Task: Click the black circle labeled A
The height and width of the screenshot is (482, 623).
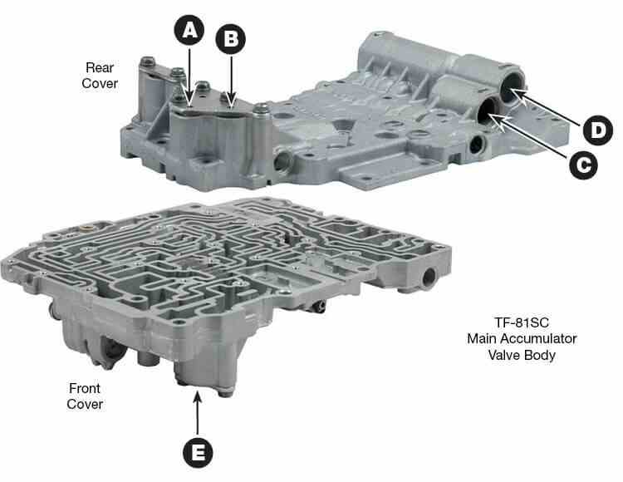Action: (189, 30)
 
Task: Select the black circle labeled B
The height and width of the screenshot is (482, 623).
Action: (230, 39)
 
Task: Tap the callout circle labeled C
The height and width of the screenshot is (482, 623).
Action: (583, 164)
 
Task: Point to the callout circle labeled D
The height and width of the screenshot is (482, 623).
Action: (597, 130)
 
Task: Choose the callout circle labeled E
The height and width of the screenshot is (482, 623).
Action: (198, 453)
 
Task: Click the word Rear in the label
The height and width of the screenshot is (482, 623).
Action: (100, 67)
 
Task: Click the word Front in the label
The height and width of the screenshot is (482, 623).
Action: (85, 388)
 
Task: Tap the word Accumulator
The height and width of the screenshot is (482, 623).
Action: (538, 338)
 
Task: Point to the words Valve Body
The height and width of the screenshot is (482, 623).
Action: (522, 355)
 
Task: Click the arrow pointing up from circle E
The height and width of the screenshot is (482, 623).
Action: (198, 412)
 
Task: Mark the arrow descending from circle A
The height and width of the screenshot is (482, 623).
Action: (189, 77)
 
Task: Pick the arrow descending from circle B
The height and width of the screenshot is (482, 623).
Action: (231, 81)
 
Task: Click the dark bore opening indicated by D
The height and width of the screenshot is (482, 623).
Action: (512, 89)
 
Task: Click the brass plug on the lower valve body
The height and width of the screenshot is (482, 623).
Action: (86, 229)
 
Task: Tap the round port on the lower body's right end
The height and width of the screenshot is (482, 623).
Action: (429, 278)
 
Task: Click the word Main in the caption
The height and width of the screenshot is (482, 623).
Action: (482, 338)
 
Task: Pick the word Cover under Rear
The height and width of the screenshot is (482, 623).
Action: (100, 83)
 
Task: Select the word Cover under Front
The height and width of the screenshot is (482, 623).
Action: (85, 404)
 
